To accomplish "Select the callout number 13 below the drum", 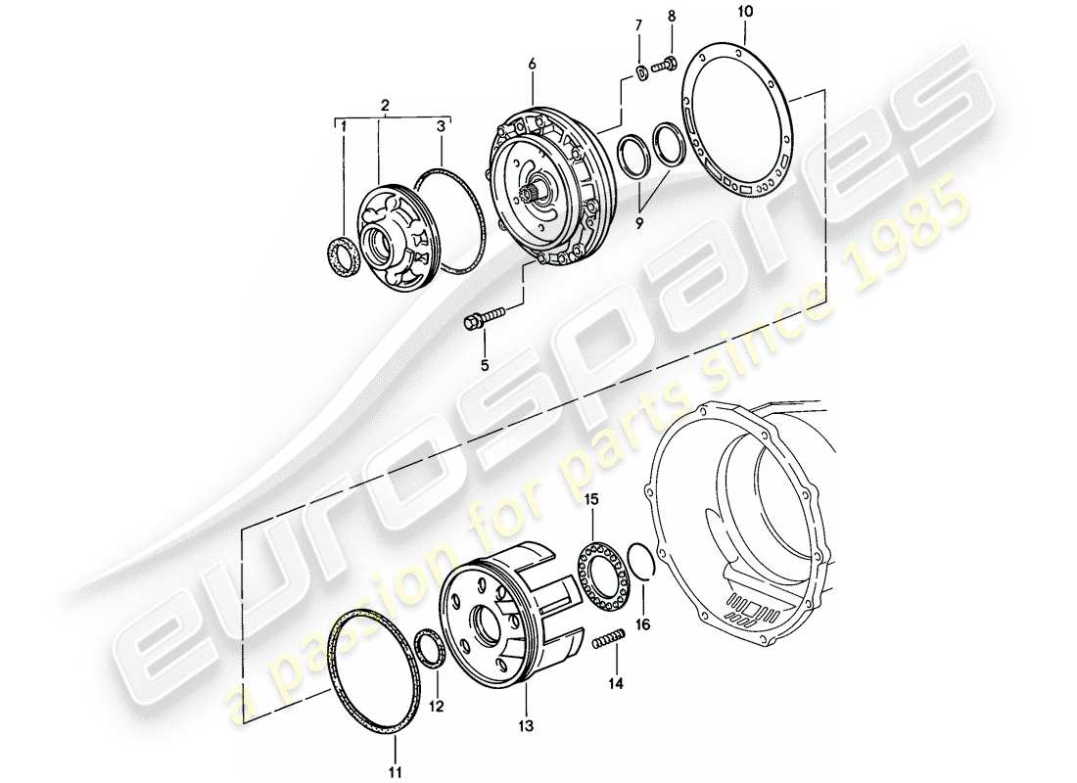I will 526,725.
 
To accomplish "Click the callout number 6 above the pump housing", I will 532,64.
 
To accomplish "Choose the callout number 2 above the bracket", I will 386,104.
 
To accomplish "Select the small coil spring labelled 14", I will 607,641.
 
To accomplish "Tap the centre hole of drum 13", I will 488,622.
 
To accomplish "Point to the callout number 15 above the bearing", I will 590,500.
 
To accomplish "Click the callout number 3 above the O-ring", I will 442,126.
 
